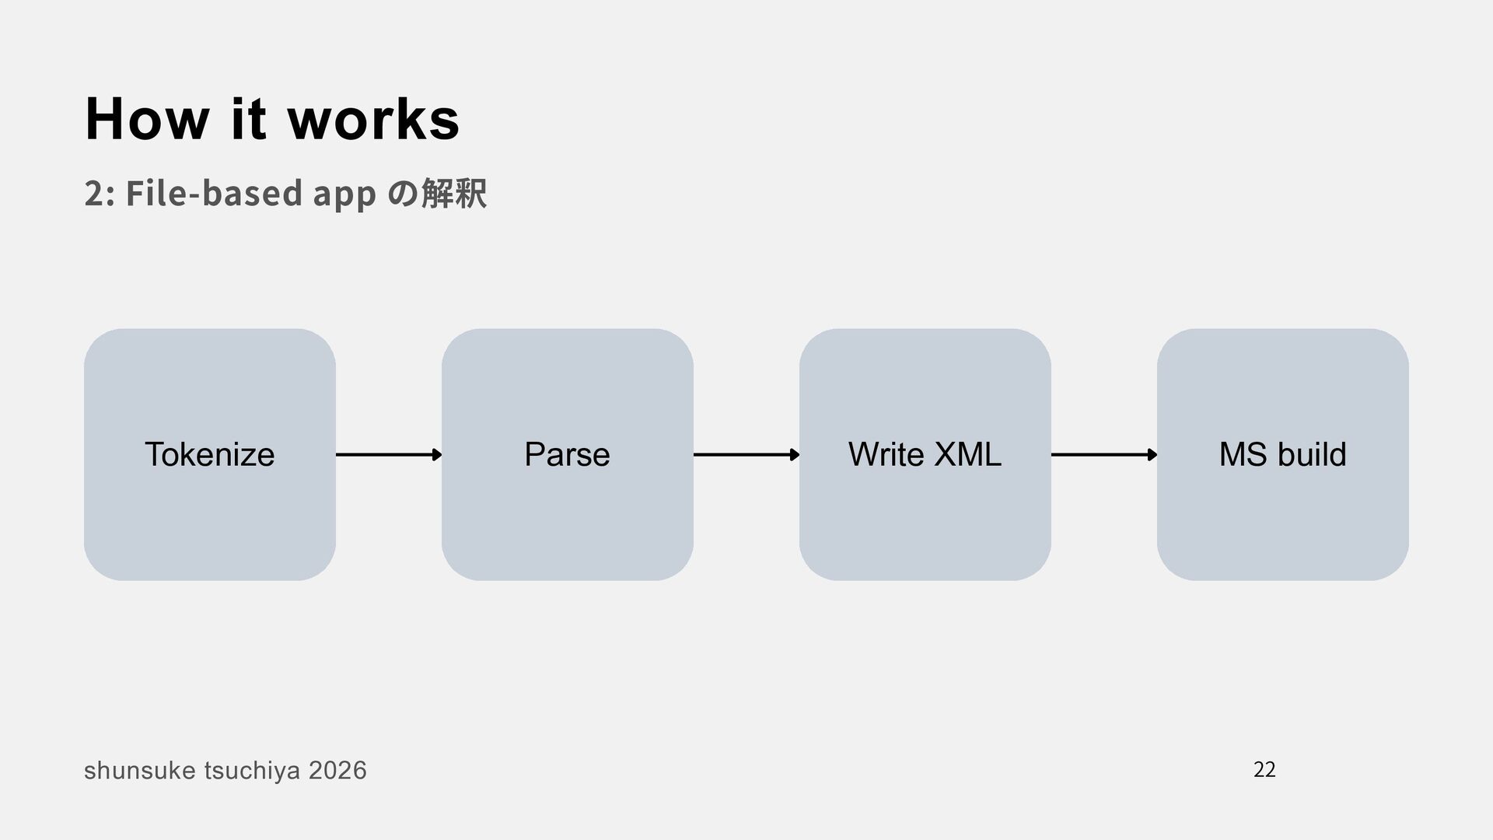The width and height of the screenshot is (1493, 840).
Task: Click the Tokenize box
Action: click(210, 454)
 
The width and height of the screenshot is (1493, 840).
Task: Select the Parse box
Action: click(568, 454)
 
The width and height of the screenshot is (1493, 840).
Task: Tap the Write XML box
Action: click(925, 454)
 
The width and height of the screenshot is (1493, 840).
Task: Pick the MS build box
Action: click(1283, 454)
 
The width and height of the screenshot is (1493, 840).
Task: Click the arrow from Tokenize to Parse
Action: click(389, 454)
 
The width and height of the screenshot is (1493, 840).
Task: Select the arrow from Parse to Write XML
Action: click(746, 454)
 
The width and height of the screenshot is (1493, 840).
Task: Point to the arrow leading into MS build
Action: click(1104, 454)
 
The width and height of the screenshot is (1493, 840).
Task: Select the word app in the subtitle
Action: click(344, 196)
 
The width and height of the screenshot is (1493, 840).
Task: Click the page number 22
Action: click(1264, 769)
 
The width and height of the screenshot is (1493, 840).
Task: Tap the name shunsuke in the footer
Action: click(140, 770)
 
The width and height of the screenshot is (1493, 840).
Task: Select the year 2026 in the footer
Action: click(337, 770)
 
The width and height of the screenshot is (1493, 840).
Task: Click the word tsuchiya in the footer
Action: click(252, 770)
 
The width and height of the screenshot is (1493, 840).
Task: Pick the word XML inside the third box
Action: click(967, 454)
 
